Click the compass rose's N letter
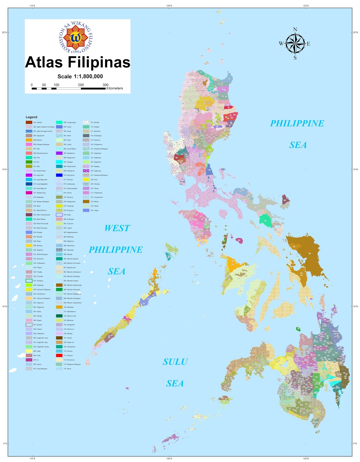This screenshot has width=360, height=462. [x=295, y=29]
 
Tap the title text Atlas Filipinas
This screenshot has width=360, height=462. [x=78, y=62]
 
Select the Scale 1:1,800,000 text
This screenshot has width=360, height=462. [x=80, y=77]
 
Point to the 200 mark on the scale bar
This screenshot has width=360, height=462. [x=81, y=85]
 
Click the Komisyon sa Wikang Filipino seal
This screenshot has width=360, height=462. [x=76, y=37]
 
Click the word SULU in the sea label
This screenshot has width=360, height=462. [x=175, y=362]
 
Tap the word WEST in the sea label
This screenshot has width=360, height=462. [x=117, y=228]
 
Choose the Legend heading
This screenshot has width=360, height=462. [x=31, y=117]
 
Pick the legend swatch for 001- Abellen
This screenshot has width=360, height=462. [x=29, y=122]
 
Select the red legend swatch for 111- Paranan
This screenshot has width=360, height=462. [x=59, y=355]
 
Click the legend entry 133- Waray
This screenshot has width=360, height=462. [x=94, y=202]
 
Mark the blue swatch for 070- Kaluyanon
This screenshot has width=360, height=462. [x=59, y=175]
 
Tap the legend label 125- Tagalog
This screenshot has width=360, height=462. [x=95, y=166]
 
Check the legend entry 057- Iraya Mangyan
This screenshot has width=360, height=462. [x=40, y=369]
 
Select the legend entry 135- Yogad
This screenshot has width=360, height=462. [x=94, y=210]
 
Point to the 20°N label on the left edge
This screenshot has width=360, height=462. [x=4, y=32]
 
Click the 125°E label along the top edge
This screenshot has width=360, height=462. [x=306, y=5]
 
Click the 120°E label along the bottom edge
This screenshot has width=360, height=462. [x=169, y=459]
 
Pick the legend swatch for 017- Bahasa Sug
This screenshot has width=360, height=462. [x=29, y=193]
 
